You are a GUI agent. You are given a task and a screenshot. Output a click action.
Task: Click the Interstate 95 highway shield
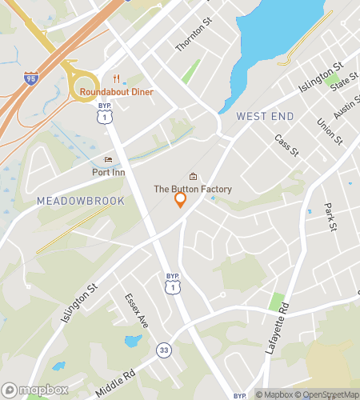[30, 78]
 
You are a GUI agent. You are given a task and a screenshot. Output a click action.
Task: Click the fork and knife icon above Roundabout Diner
[116, 78]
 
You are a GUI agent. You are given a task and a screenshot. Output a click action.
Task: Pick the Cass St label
[286, 146]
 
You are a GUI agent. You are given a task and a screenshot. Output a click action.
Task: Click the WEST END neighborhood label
[265, 116]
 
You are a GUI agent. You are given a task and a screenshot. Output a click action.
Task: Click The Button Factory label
[193, 190]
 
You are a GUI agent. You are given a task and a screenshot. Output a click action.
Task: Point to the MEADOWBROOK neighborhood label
[81, 201]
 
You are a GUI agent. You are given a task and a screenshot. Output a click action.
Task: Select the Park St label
[329, 217]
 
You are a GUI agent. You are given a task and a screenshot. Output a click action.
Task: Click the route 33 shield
[164, 350]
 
